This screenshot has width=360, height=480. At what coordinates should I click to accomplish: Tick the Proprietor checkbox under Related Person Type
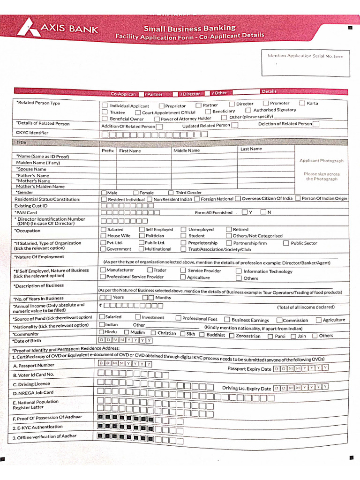point(162,106)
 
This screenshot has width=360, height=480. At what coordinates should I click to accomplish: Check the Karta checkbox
point(302,103)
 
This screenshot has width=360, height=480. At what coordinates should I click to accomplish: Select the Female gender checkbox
point(136,193)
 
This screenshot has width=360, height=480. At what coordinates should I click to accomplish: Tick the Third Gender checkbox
point(171,193)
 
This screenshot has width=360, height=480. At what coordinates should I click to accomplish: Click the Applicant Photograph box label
point(321,161)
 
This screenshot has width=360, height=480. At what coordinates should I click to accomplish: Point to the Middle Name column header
point(186,150)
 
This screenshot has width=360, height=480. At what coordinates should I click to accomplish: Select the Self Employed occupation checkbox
point(142,230)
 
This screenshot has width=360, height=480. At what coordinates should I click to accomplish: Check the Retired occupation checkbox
point(229,230)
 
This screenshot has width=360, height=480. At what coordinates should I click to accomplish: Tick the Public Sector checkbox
point(286,243)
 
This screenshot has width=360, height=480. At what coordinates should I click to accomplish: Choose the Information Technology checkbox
point(239,271)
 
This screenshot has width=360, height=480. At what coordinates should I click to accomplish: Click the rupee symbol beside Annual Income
point(100,306)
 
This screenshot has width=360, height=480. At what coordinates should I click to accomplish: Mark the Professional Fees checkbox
point(178,318)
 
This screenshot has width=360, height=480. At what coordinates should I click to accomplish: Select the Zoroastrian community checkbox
point(231,335)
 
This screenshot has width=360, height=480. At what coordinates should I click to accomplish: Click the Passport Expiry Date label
point(249,369)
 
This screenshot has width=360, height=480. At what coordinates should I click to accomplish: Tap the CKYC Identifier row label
point(32,133)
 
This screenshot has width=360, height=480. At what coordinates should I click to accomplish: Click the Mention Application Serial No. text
point(305,56)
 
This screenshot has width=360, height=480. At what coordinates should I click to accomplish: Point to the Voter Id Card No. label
point(33,375)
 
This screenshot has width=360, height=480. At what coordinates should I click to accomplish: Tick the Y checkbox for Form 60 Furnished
point(245,212)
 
